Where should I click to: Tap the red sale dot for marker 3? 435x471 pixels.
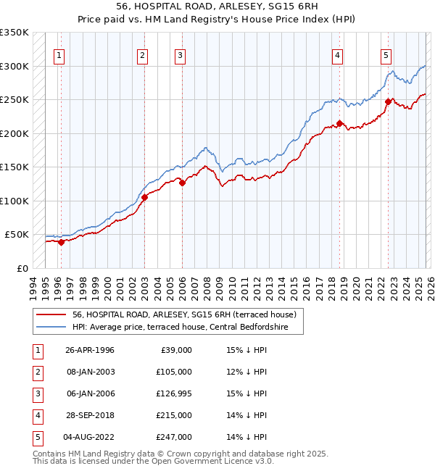(x=182, y=183)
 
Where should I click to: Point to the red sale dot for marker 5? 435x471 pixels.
(x=388, y=102)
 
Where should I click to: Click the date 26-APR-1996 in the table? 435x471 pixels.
(x=90, y=350)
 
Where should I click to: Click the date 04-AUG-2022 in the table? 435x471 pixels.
(x=90, y=437)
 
